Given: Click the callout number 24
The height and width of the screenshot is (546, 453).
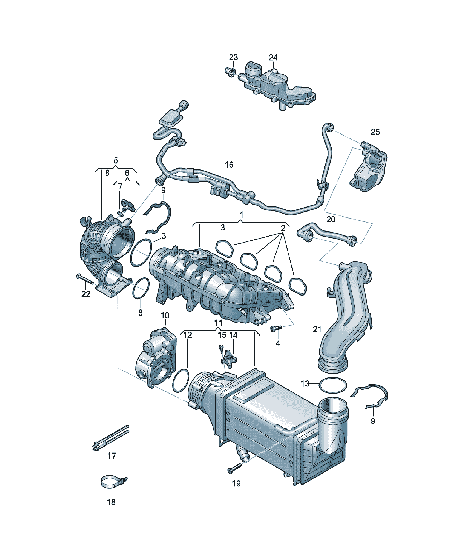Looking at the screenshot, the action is coord(273,57).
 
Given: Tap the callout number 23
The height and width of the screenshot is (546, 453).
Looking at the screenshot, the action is coord(233,57).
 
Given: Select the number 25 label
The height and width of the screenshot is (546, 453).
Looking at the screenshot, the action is coord(375,132).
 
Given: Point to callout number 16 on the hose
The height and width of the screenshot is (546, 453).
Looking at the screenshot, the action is coord(229,165).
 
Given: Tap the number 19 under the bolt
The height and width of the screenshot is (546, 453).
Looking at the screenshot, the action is coord(236,483).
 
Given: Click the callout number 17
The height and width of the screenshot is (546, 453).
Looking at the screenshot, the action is coord(112,456).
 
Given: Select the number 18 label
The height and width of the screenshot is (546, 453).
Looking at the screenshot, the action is coord(111,502).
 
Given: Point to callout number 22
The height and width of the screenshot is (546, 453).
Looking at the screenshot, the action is coord(86,294).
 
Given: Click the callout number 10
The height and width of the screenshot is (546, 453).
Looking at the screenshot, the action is coord(165,316).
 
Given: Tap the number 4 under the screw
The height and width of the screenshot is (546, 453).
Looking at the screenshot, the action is coord(278,344).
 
